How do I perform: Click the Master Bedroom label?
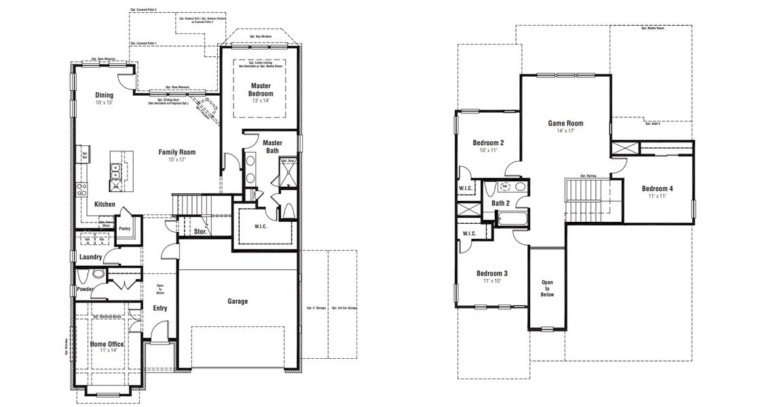point(261,90)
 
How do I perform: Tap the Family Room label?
point(177,152)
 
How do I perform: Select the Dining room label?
point(105,96)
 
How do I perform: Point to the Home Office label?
point(107,345)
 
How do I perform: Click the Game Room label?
point(565,123)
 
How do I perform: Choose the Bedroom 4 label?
point(656,188)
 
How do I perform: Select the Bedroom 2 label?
point(488,142)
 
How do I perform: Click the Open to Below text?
point(547,288)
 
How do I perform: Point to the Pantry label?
point(124,229)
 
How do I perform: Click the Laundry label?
point(90,257)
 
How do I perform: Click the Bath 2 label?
point(501,203)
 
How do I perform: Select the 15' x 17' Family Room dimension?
point(177,159)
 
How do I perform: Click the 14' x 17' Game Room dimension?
point(565,131)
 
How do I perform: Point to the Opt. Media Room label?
point(652,28)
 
